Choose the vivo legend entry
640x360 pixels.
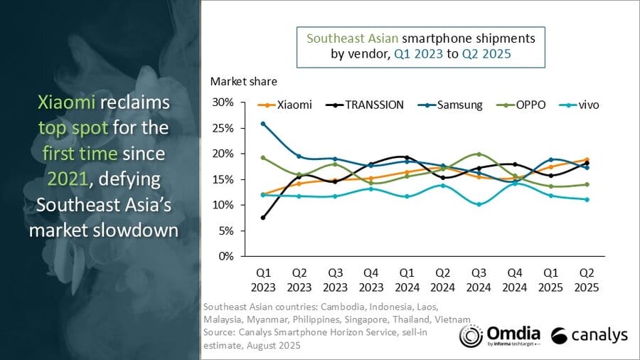point(582,105)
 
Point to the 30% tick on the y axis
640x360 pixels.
point(223,102)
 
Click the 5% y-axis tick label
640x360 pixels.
point(226,231)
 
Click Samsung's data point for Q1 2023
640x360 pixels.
point(263,124)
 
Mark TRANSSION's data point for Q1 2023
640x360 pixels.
point(263,217)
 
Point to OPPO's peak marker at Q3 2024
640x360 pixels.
point(479,154)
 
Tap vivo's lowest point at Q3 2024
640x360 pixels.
point(479,204)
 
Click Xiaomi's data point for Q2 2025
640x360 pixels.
point(587,160)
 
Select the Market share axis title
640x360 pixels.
point(244,81)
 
